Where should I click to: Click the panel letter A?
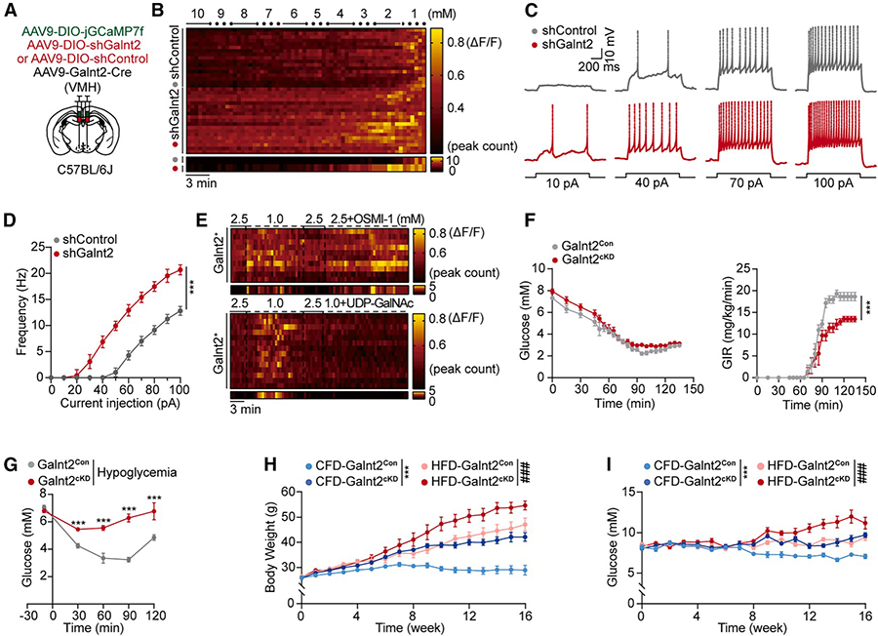[x=9, y=13]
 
